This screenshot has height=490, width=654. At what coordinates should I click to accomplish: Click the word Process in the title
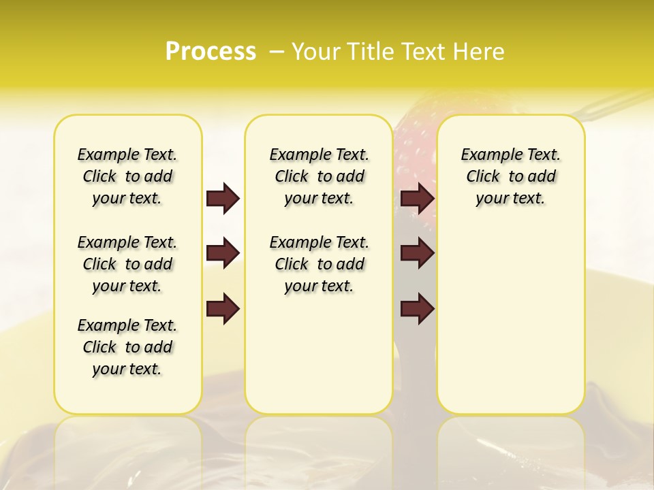click(x=211, y=51)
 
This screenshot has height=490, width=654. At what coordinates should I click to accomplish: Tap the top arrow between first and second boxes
click(x=223, y=198)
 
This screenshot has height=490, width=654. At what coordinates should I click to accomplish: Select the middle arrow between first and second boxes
click(x=223, y=253)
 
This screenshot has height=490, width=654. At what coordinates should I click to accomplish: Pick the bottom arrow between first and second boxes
click(x=223, y=309)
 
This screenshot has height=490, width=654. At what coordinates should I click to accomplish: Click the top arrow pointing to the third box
click(x=417, y=198)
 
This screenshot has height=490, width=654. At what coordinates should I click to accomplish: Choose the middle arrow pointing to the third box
click(x=417, y=253)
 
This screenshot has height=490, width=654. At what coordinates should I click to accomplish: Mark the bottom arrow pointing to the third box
click(x=417, y=309)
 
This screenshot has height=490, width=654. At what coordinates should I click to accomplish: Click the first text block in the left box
click(x=127, y=176)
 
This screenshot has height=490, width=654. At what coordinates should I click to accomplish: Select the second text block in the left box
click(x=127, y=264)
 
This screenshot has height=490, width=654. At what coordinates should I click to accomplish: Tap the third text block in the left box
click(x=127, y=347)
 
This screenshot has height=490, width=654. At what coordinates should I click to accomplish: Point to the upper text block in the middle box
click(x=319, y=176)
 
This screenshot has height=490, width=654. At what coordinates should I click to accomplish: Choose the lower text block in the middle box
click(x=319, y=264)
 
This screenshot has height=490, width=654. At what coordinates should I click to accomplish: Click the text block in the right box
click(x=511, y=176)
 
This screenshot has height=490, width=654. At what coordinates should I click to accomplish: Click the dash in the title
click(x=277, y=51)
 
